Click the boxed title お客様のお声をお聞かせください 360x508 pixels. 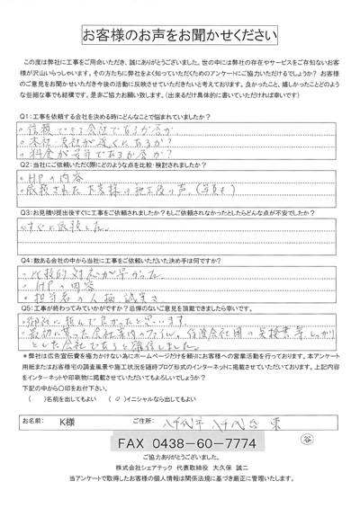[181, 36]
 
